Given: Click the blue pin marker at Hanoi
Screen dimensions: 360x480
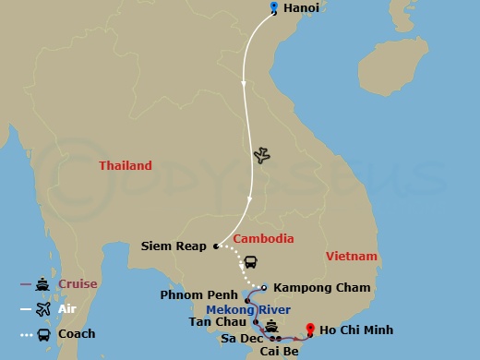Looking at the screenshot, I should (x=274, y=8).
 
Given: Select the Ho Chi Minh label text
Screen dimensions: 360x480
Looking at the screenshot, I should (x=356, y=330).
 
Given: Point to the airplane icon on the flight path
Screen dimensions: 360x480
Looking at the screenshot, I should (x=261, y=155).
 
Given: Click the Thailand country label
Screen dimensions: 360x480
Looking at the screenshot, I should (x=126, y=166).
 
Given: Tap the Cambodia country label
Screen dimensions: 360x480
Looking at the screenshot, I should (x=264, y=238).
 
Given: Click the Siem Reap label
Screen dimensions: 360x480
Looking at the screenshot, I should (x=174, y=246).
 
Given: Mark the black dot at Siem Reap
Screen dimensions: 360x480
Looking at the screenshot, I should (x=215, y=246).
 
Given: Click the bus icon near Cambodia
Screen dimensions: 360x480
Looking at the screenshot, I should (x=250, y=261).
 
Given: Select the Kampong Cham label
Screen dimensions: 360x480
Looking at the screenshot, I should (x=321, y=288).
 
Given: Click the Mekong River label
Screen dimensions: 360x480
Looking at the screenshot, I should (x=248, y=310).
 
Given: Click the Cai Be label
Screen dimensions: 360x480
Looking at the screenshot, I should (x=279, y=352).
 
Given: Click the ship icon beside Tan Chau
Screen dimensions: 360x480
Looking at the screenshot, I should (x=271, y=326).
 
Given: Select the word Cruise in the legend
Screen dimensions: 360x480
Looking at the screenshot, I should (x=78, y=284).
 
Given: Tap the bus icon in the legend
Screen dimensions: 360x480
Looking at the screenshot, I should (x=42, y=334).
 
